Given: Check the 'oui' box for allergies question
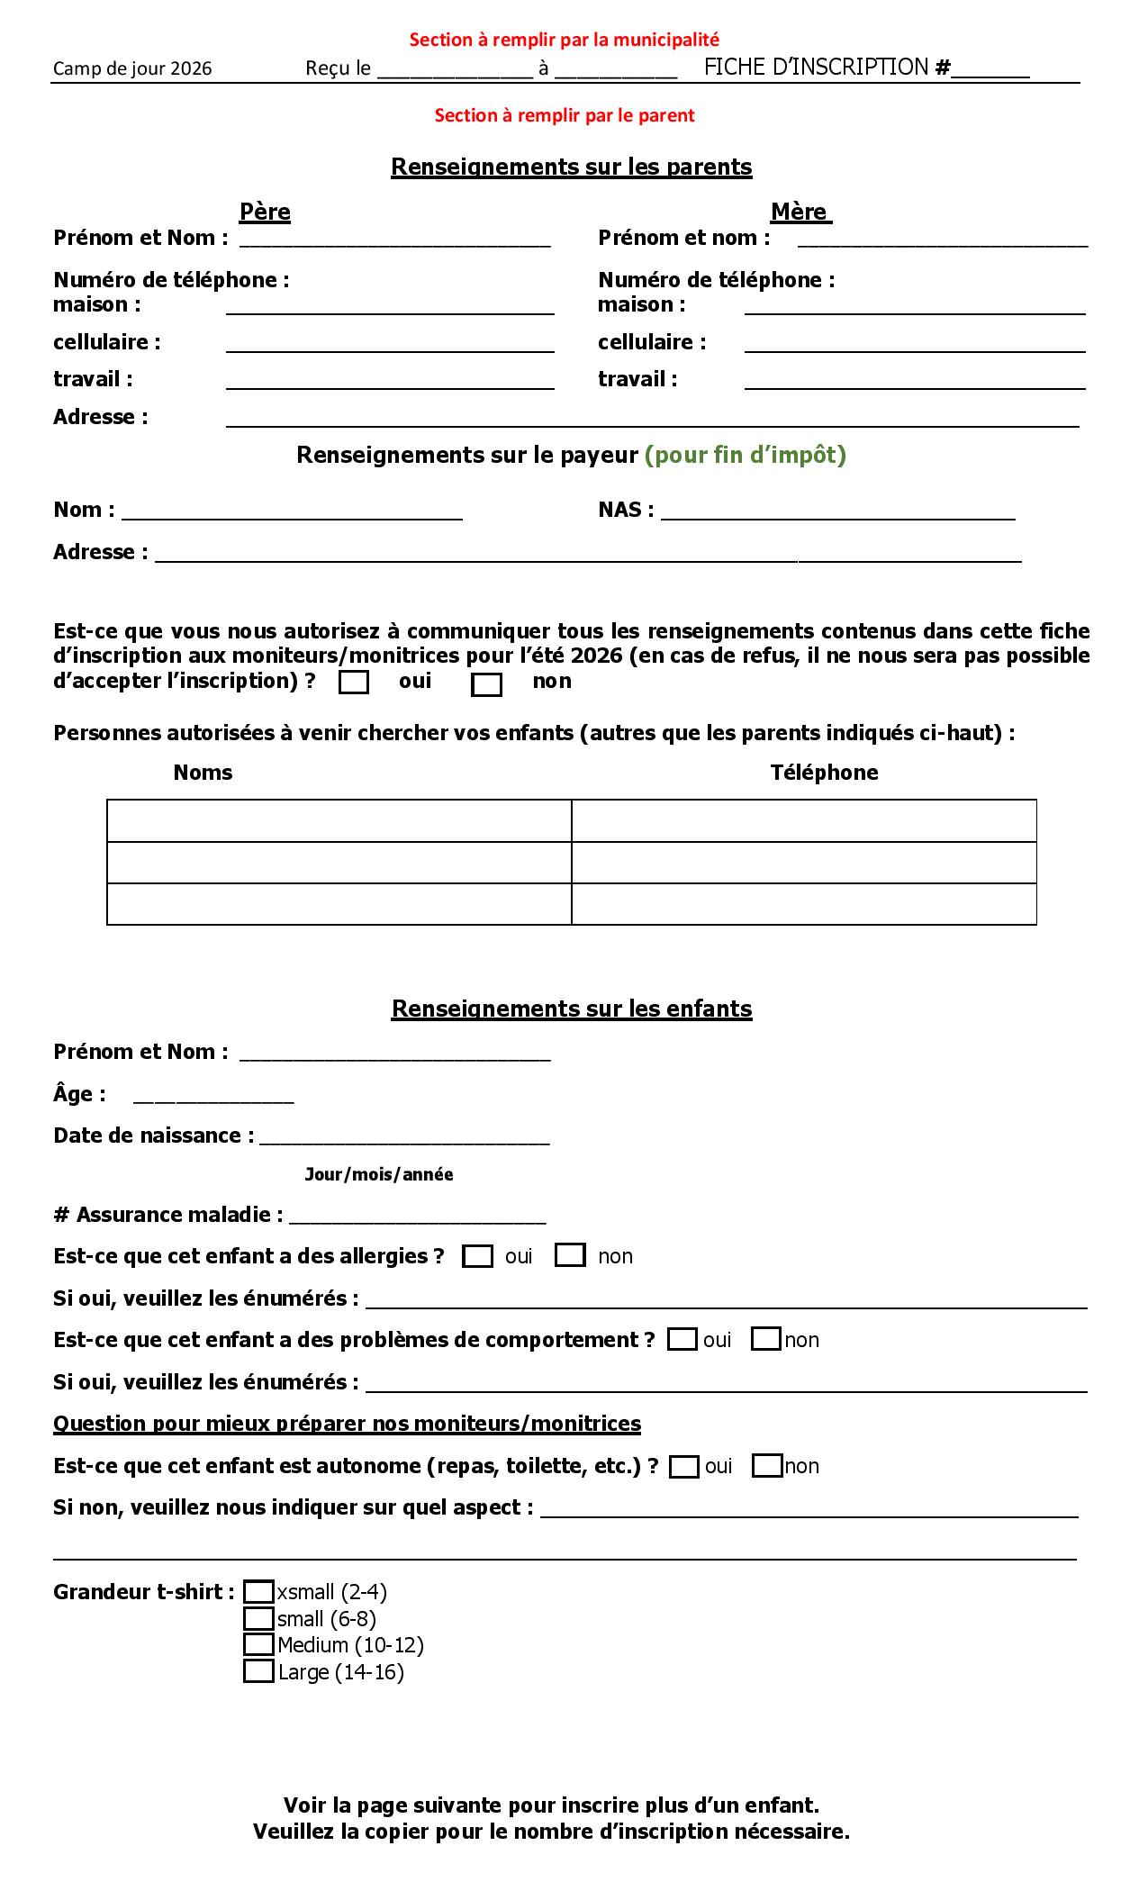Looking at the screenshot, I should (x=477, y=1256).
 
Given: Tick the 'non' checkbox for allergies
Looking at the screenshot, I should (x=570, y=1255).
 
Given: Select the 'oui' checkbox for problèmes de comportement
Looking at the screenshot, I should (x=682, y=1340).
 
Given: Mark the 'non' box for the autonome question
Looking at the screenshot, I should (x=766, y=1466).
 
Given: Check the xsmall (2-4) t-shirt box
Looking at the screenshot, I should (x=258, y=1592).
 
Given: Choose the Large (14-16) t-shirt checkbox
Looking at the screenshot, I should (x=258, y=1671).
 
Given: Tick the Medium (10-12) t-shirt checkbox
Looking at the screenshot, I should (x=258, y=1644).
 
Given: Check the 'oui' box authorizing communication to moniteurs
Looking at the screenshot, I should (x=354, y=683).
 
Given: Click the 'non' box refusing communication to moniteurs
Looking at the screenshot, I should (x=486, y=684).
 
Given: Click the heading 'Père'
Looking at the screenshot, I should (x=265, y=212).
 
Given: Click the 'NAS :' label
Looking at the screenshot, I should (x=626, y=510).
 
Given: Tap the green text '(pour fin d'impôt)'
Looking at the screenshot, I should (x=746, y=455).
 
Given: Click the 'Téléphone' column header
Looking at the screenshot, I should (x=824, y=773).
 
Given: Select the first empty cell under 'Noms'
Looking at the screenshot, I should (x=339, y=820).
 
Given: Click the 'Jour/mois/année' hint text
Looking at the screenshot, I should (x=379, y=1174).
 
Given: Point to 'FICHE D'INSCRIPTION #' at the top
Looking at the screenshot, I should (x=827, y=68).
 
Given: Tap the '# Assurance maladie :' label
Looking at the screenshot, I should (x=168, y=1215).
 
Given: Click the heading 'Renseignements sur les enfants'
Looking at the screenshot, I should (x=572, y=1009).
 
